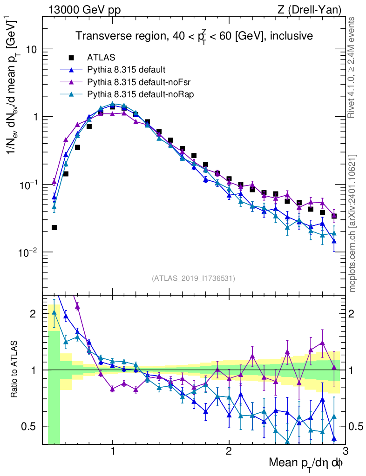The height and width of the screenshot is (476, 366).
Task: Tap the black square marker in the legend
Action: (x=71, y=58)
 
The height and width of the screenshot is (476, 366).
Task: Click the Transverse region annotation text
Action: (x=194, y=36)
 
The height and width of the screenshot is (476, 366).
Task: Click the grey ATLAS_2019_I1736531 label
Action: (x=193, y=278)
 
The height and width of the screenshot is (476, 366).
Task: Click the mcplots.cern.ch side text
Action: (x=352, y=223)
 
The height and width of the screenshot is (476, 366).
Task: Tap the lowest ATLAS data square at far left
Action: (x=54, y=228)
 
